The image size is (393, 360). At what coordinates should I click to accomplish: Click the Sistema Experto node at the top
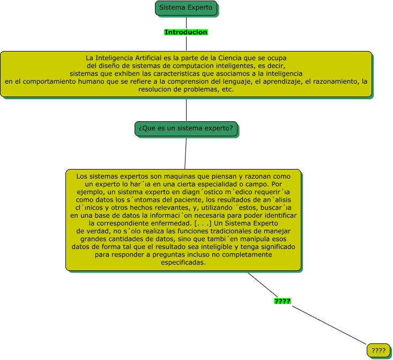(x=186, y=8)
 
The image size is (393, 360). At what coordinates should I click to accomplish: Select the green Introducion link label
(x=186, y=32)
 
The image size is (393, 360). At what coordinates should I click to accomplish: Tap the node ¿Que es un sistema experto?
(x=186, y=129)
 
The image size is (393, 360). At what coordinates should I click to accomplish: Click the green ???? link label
(x=282, y=302)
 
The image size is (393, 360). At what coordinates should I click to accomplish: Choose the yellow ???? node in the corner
(x=378, y=351)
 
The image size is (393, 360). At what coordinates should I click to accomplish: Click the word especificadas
(x=183, y=263)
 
